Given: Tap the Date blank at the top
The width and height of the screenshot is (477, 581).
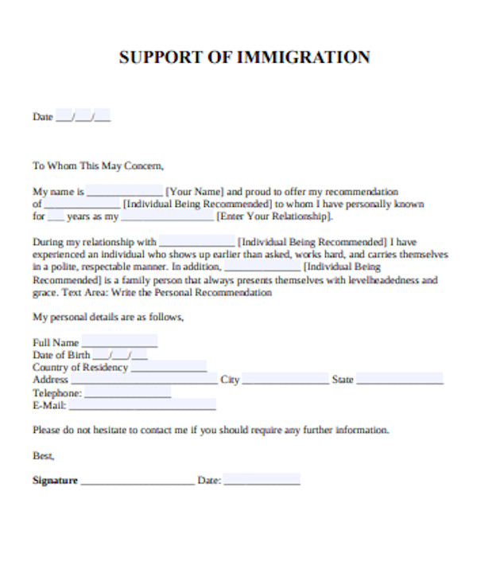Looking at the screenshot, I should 83,118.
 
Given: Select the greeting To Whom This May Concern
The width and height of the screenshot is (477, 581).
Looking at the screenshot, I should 98,166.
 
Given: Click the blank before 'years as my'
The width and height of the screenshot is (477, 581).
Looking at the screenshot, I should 56,217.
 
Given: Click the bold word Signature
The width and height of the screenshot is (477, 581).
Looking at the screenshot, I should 55,481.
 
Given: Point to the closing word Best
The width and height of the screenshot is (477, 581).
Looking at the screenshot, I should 43,456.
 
